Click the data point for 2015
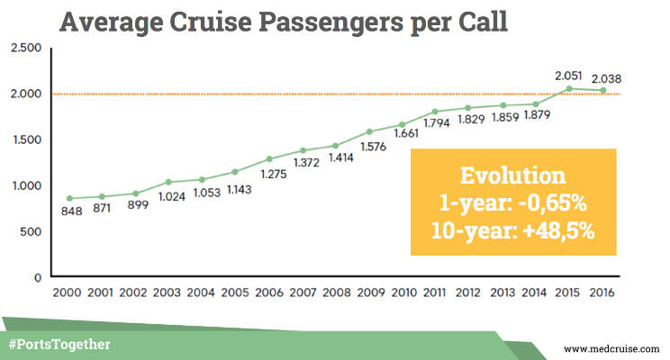[568, 88]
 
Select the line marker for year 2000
[70, 199]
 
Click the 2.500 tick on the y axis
[25, 47]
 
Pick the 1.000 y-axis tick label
[25, 185]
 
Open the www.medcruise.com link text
[613, 347]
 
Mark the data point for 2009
[369, 132]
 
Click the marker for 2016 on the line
[603, 90]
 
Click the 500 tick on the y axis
[31, 231]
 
